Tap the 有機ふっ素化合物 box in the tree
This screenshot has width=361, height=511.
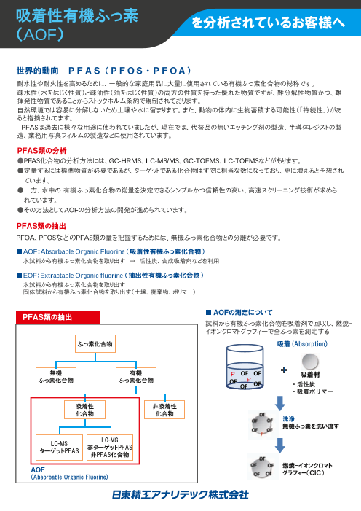pyautogui.click(x=136, y=376)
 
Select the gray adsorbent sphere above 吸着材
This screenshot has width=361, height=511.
pyautogui.click(x=312, y=362)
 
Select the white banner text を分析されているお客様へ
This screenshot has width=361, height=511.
pyautogui.click(x=269, y=25)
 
